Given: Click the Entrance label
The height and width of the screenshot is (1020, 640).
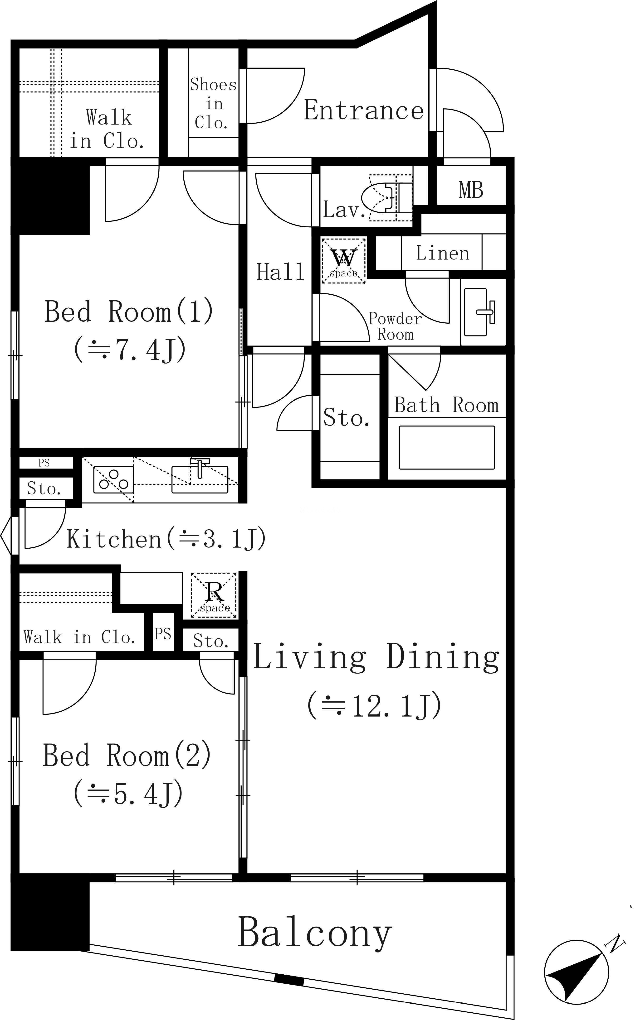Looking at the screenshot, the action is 364,110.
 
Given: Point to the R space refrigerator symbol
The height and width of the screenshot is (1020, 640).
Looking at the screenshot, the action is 214,595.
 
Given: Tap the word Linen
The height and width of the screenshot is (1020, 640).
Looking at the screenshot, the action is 442,253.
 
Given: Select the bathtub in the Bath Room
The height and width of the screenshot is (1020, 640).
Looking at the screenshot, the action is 447,447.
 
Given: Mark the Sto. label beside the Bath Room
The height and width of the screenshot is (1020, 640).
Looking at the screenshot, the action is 346,418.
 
